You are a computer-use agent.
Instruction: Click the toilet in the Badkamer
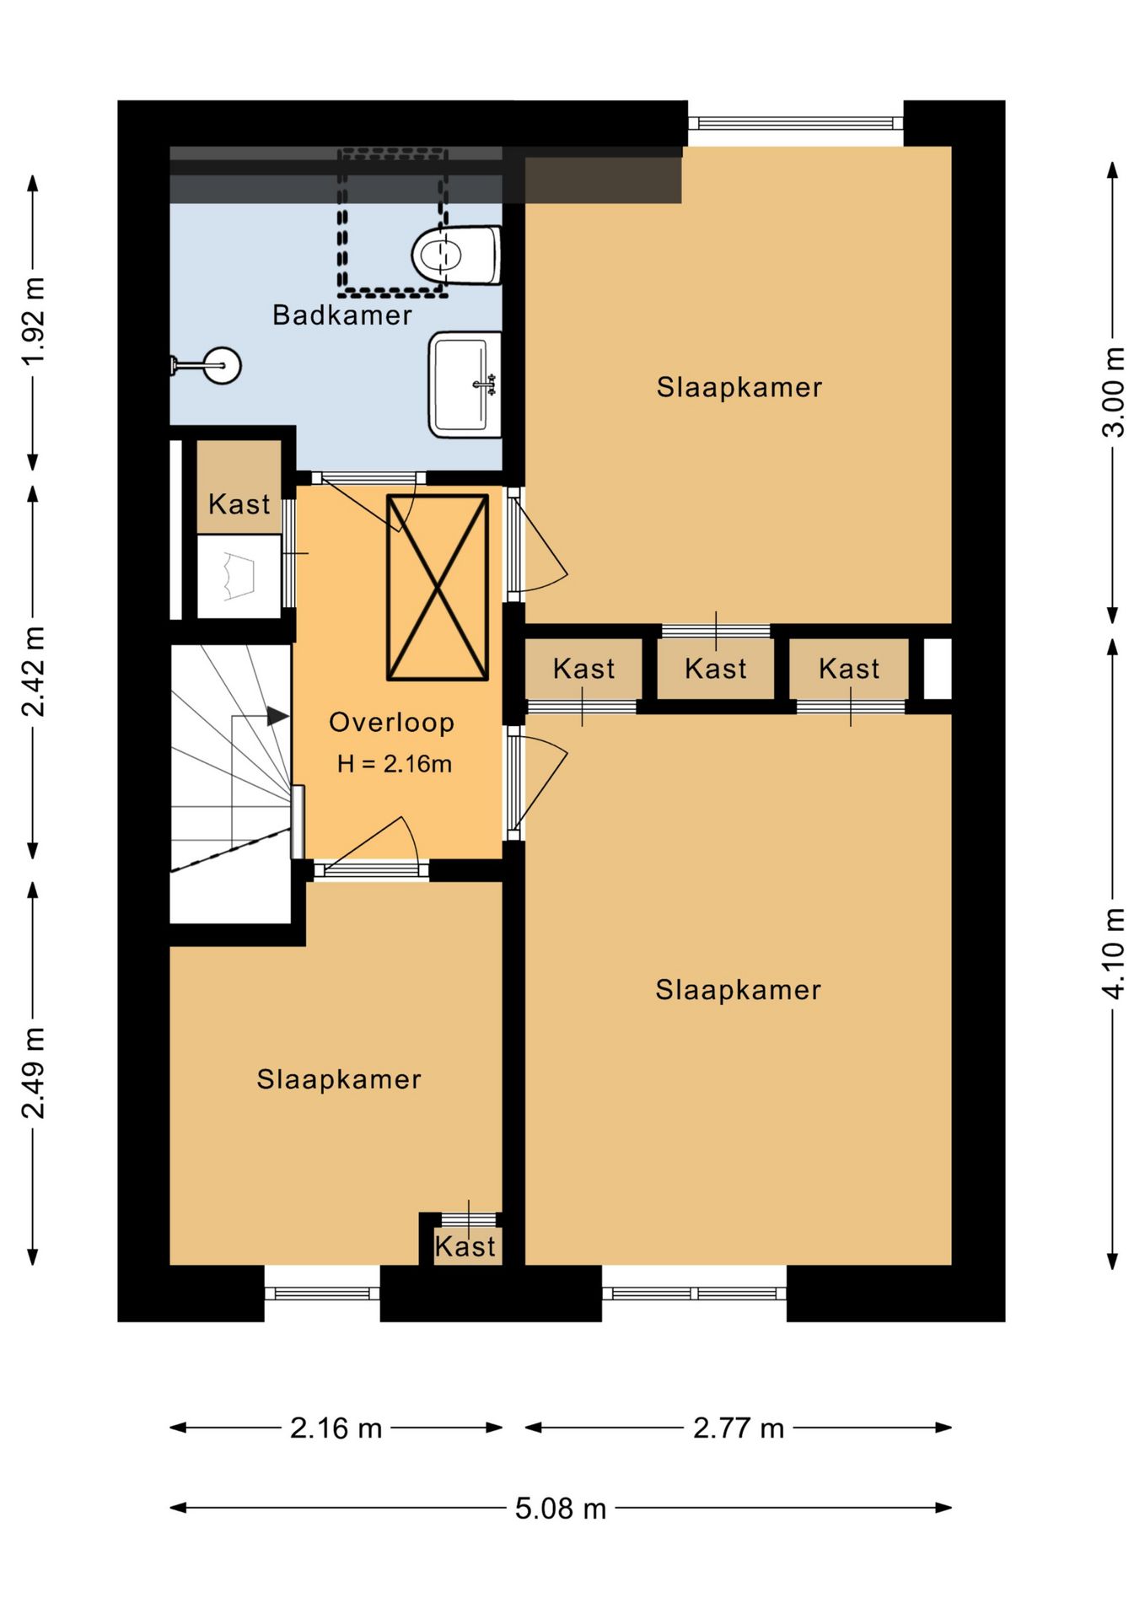point(456,255)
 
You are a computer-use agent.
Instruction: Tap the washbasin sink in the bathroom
point(465,385)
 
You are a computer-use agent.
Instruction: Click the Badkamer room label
point(342,315)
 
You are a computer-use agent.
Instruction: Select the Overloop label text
point(391,722)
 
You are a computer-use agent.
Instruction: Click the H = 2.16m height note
point(395,764)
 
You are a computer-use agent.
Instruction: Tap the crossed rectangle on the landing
point(438,587)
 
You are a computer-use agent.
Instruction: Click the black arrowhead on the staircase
point(277,716)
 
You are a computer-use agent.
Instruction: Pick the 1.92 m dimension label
point(34,321)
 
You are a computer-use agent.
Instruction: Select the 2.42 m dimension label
point(34,671)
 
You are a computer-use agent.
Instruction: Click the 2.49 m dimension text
point(34,1073)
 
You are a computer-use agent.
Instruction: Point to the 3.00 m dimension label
point(1114,392)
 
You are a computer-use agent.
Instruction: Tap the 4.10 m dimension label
point(1114,954)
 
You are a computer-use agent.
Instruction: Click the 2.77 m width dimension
point(739,1428)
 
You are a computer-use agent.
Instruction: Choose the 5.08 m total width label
point(561,1508)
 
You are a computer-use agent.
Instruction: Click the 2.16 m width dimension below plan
point(336,1428)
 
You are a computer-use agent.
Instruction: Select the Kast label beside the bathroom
point(239,504)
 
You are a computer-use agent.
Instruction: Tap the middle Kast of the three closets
point(716,669)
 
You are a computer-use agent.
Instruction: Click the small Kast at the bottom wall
point(465,1246)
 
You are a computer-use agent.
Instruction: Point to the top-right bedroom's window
point(796,123)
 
